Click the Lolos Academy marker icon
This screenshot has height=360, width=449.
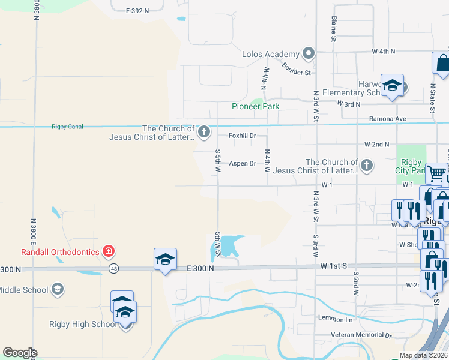tap(309, 54)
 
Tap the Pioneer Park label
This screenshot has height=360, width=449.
tap(256, 106)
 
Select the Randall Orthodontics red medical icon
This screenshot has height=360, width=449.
tap(108, 250)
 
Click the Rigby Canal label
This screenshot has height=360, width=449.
tap(67, 127)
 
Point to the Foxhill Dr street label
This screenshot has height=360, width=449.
tap(242, 136)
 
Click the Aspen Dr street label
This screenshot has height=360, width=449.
tap(243, 163)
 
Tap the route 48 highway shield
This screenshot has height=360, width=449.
tap(113, 269)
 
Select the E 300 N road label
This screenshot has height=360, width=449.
tap(200, 269)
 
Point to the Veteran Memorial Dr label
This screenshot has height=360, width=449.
tap(361, 335)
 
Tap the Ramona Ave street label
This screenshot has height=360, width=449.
tap(387, 119)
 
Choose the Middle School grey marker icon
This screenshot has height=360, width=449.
tap(57, 290)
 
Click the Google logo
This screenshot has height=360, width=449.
tap(19, 353)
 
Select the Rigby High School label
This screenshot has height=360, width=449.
tap(83, 325)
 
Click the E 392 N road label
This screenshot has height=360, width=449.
tap(137, 11)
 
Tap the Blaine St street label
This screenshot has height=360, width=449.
tap(334, 29)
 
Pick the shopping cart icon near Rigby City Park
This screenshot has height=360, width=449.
tap(436, 173)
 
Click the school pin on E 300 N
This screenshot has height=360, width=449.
tap(165, 260)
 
